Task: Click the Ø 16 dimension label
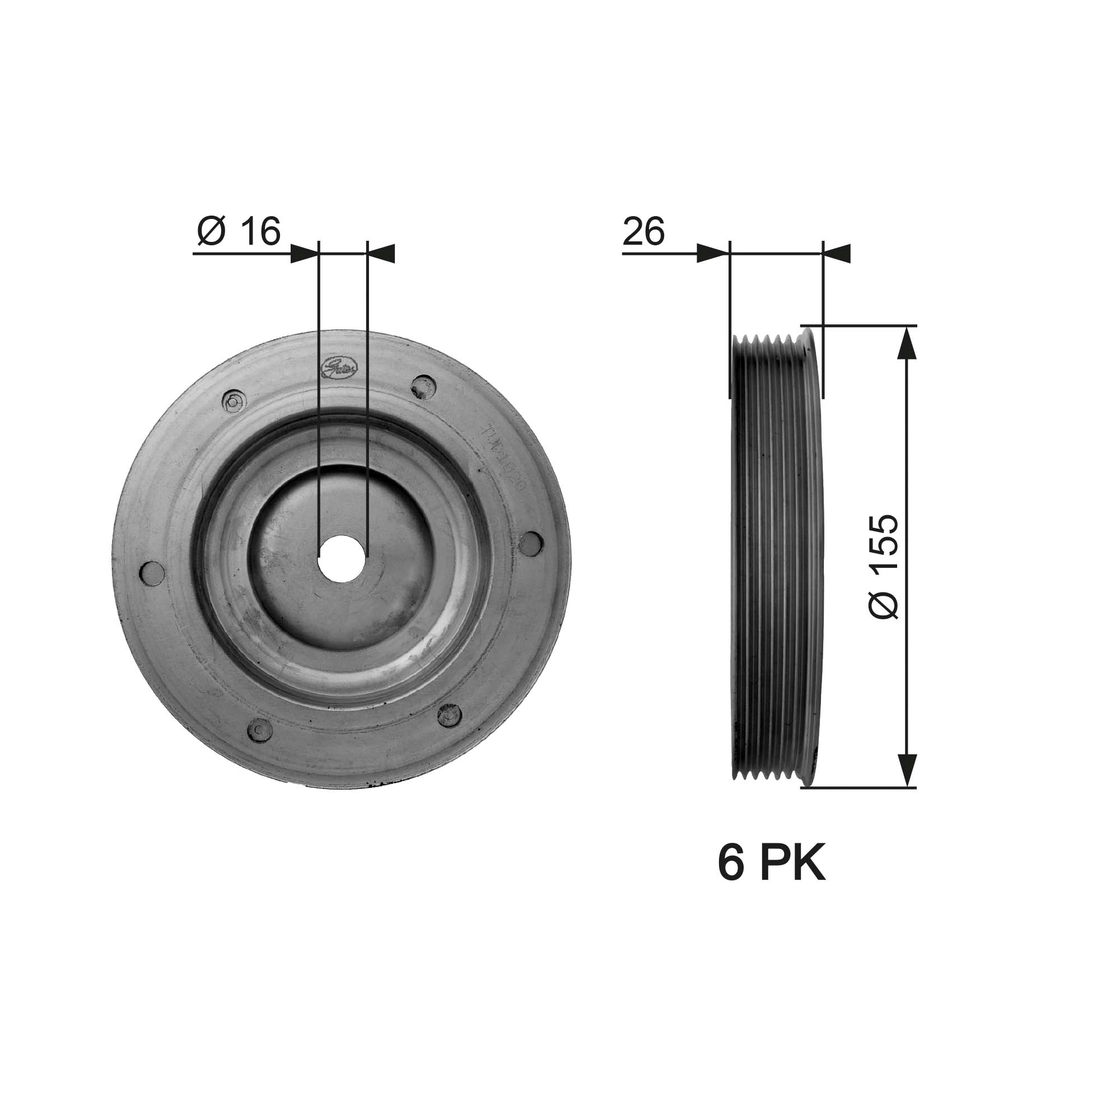coord(239,231)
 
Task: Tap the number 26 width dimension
coord(643,231)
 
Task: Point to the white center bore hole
coord(343,559)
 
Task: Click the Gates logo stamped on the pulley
coord(341,367)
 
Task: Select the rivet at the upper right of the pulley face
coord(424,386)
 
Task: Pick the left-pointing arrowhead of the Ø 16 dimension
coord(381,253)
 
